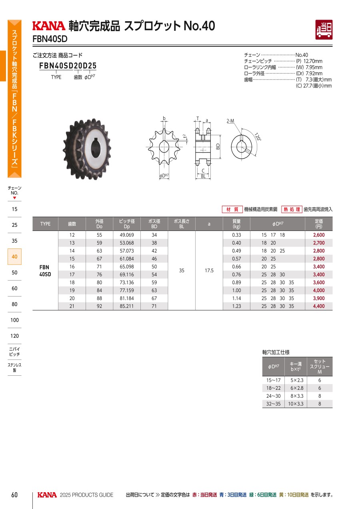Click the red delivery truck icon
point(324,30)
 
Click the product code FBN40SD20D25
point(68,66)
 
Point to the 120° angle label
point(258,136)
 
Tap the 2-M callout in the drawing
point(230,121)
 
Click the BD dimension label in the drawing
point(218,146)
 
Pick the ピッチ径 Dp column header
point(127,224)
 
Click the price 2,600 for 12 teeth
point(319,235)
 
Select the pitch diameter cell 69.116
point(127,275)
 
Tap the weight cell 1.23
point(236,306)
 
